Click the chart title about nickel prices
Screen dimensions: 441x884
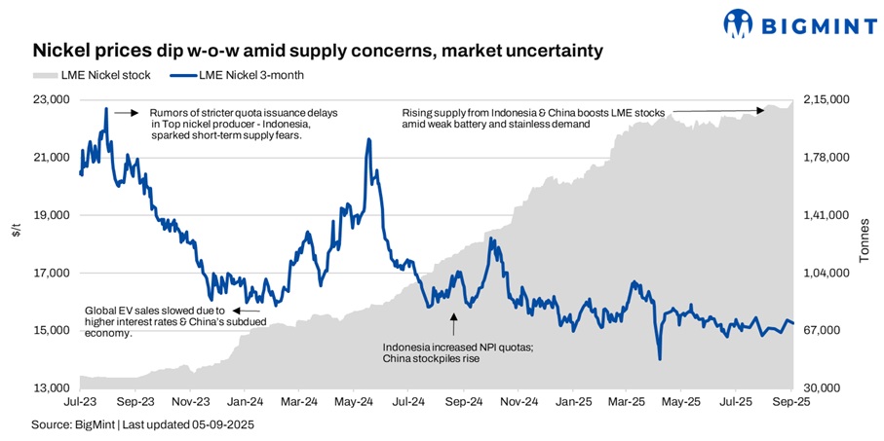(319, 49)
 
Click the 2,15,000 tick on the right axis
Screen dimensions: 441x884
(826, 100)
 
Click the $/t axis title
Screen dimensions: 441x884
(16, 230)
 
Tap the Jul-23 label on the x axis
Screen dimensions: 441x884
(80, 400)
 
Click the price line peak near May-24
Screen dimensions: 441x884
(368, 139)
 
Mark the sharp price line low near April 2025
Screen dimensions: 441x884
(660, 359)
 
